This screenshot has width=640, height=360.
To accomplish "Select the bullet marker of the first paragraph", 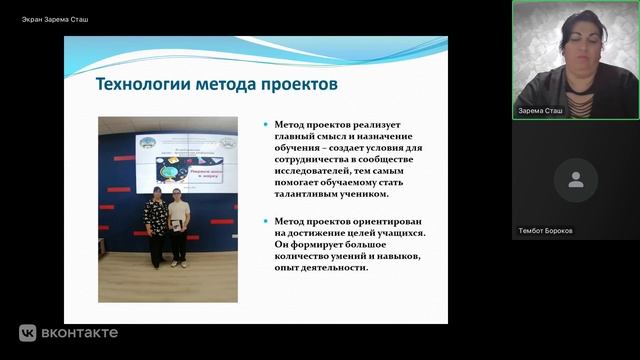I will (x=265, y=126).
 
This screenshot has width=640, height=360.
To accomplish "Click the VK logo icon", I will (x=27, y=333).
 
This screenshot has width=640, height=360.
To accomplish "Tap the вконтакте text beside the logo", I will (x=80, y=333).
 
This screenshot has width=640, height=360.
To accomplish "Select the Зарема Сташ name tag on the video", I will (x=541, y=111).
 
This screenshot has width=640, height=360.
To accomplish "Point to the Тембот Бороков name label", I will (x=546, y=230).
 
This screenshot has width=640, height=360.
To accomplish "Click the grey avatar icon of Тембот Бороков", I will (x=575, y=180).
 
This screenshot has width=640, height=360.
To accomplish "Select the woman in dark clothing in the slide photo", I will (x=155, y=227).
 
